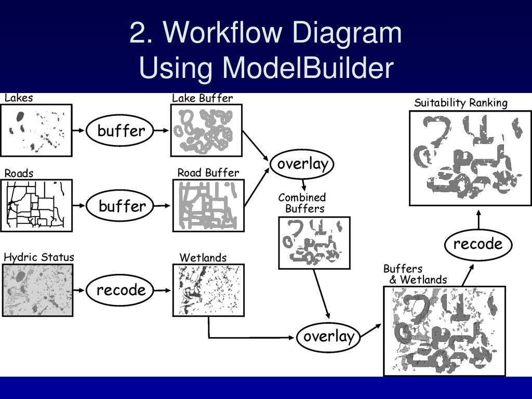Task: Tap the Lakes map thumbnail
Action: coord(36,130)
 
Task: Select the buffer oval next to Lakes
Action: coord(121,130)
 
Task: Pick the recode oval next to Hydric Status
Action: coord(121,290)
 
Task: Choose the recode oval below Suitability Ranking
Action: coord(478,244)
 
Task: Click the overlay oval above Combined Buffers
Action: coord(302,164)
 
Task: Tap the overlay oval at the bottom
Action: coord(329,336)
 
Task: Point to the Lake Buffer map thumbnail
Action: coord(206,130)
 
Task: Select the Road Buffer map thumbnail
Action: coord(208,205)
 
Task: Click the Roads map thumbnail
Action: coord(36,205)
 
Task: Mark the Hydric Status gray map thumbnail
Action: coord(37,290)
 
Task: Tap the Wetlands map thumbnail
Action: coord(208,290)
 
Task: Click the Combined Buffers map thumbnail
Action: coord(314,243)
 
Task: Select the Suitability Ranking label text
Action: coord(460,103)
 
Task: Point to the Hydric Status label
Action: coord(39,257)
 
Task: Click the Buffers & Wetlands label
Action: coord(415,274)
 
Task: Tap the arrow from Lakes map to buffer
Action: coord(78,130)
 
